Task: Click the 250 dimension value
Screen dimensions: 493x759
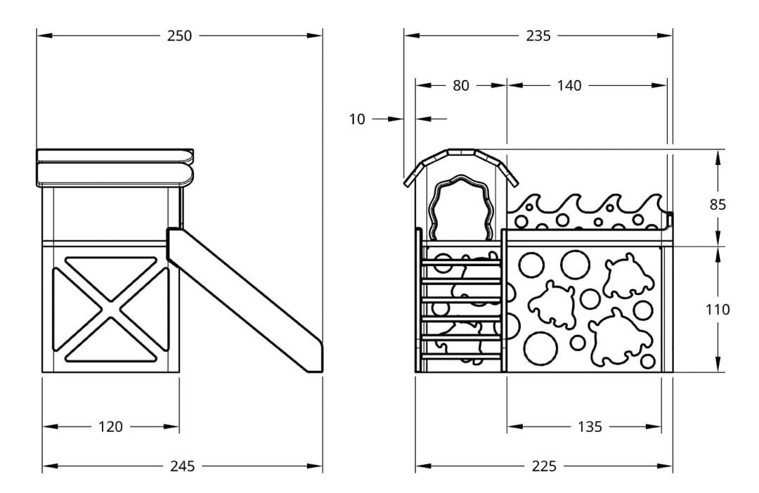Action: (x=179, y=36)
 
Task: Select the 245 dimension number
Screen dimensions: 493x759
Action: (x=182, y=466)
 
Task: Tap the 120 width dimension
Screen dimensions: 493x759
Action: (x=110, y=426)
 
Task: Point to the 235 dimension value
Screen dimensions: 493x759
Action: (x=538, y=36)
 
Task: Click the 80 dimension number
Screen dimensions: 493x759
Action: (x=460, y=86)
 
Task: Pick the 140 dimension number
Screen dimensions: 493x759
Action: (x=569, y=86)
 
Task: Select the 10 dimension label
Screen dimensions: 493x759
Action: (x=357, y=119)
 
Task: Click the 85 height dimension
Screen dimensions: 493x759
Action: (x=718, y=204)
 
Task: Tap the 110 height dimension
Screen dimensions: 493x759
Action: (x=718, y=309)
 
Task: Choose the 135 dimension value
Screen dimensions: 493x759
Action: (x=590, y=426)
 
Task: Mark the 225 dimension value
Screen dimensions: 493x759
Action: (x=544, y=466)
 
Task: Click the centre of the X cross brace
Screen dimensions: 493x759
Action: (x=110, y=308)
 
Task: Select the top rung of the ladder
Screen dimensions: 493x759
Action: (x=461, y=263)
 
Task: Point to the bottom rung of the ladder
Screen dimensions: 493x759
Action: (x=461, y=356)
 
